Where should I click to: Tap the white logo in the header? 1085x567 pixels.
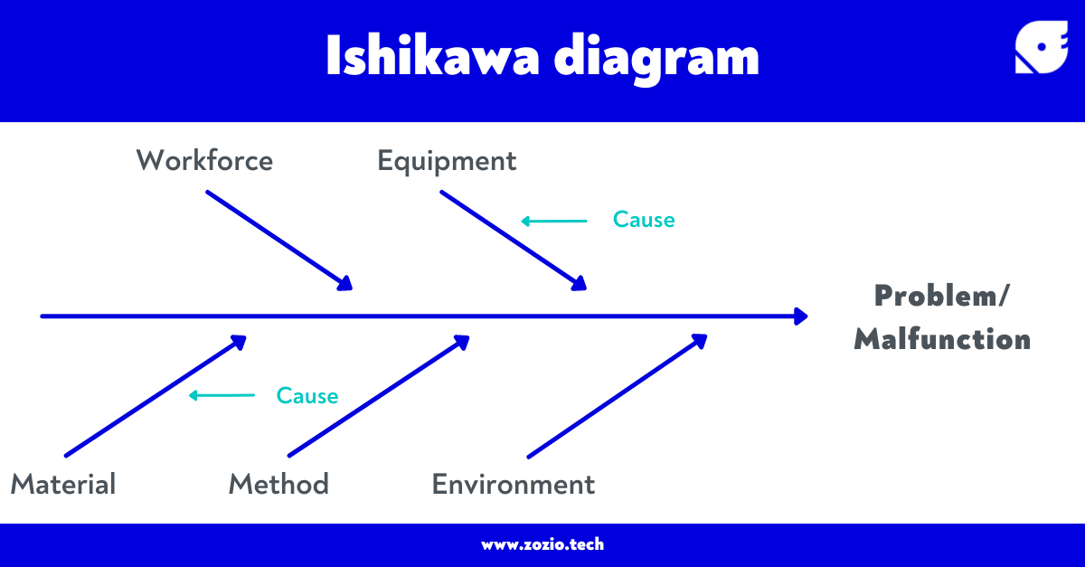pos(1042,47)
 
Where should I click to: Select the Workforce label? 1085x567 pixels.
pos(204,161)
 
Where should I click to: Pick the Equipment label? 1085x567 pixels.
pos(447,162)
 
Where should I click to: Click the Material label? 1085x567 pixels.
pos(63,484)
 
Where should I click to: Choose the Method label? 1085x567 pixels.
pos(278,484)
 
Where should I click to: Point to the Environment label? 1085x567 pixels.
pos(514,484)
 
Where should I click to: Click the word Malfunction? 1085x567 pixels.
pos(942,339)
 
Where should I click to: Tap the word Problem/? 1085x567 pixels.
pos(942,296)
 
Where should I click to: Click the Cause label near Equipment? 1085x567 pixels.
pos(644,220)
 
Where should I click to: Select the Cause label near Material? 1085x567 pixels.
pos(307,396)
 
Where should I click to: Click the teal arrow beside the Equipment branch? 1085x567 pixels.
pos(554,221)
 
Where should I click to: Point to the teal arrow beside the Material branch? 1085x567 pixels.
pos(222,395)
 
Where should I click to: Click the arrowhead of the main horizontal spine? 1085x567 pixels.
pos(800,317)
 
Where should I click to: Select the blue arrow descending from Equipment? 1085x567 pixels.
pos(514,240)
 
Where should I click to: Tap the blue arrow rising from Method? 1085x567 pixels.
pos(378,396)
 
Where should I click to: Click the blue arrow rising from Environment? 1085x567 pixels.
pos(617,396)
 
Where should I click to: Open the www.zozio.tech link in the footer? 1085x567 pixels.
pos(542,544)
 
